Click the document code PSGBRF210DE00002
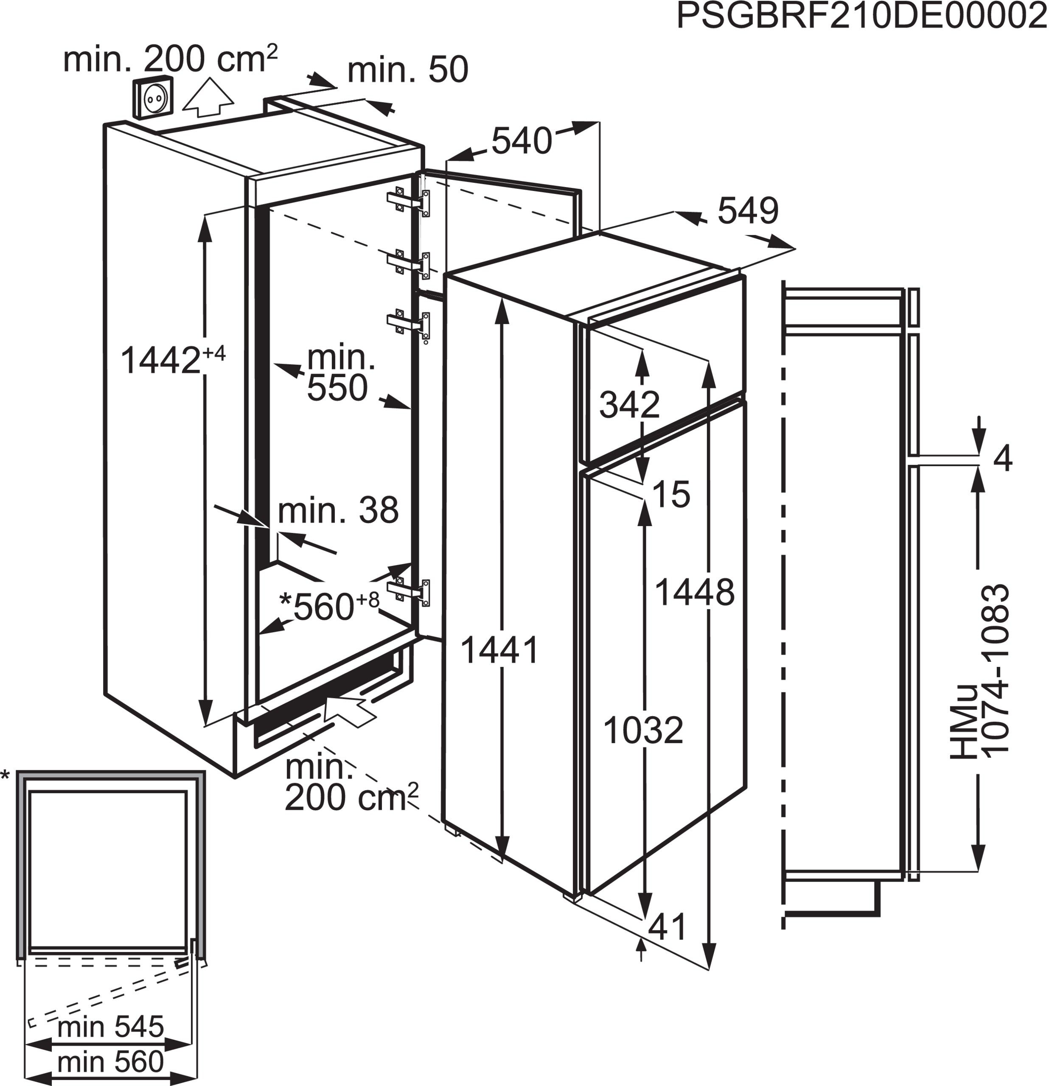coord(862,17)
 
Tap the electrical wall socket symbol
coord(152,98)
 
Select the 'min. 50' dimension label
coord(408,70)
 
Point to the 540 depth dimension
coord(522,141)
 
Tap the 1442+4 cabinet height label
coord(172,360)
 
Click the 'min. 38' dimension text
coord(338,510)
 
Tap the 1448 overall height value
coord(694,592)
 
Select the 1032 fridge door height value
coord(643,730)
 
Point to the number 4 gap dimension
coord(1002,459)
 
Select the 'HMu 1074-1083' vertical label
coord(980,670)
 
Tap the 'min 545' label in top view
coord(111,1027)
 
